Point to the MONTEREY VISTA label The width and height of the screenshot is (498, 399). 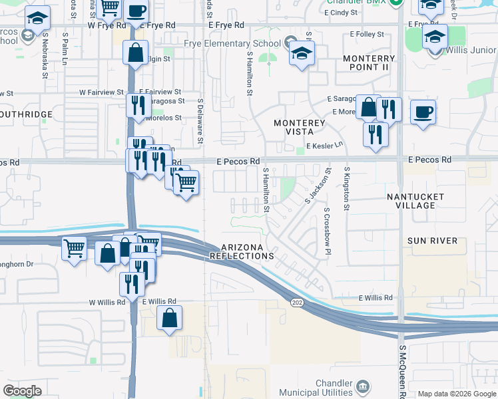click(300, 128)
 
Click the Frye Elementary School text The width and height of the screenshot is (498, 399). click(231, 43)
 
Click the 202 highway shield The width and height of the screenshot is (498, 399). click(295, 303)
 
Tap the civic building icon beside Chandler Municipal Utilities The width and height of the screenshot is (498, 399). click(363, 386)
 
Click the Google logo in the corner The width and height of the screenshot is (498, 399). click(22, 391)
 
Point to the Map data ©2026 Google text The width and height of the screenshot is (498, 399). click(456, 394)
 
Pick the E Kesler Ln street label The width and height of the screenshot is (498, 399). click(324, 145)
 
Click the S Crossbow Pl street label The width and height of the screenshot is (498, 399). click(327, 231)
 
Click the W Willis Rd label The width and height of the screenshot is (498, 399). click(107, 302)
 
